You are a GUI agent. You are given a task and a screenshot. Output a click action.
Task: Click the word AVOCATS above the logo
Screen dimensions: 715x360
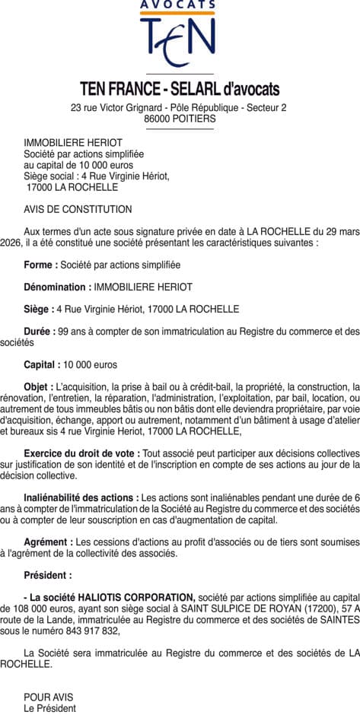click(178, 5)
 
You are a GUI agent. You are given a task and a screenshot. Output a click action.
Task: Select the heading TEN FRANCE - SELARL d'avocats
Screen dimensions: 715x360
click(180, 89)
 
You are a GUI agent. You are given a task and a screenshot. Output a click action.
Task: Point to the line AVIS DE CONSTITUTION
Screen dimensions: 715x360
click(78, 209)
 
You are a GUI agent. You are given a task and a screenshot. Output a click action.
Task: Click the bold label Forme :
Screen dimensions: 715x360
click(40, 265)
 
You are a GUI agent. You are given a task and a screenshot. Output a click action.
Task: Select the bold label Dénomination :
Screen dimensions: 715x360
click(58, 287)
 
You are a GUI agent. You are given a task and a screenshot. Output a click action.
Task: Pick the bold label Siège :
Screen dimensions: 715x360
click(39, 309)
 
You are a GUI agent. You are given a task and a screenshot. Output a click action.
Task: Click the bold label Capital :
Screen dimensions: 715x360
click(43, 364)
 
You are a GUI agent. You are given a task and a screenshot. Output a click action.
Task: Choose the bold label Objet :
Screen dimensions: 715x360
click(39, 387)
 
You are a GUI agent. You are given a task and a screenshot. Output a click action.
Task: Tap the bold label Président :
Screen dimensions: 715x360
click(48, 575)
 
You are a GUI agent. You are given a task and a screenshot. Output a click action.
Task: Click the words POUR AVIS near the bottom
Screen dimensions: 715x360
click(49, 697)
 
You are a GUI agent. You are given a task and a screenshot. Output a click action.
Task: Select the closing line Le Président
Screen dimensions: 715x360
click(49, 708)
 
